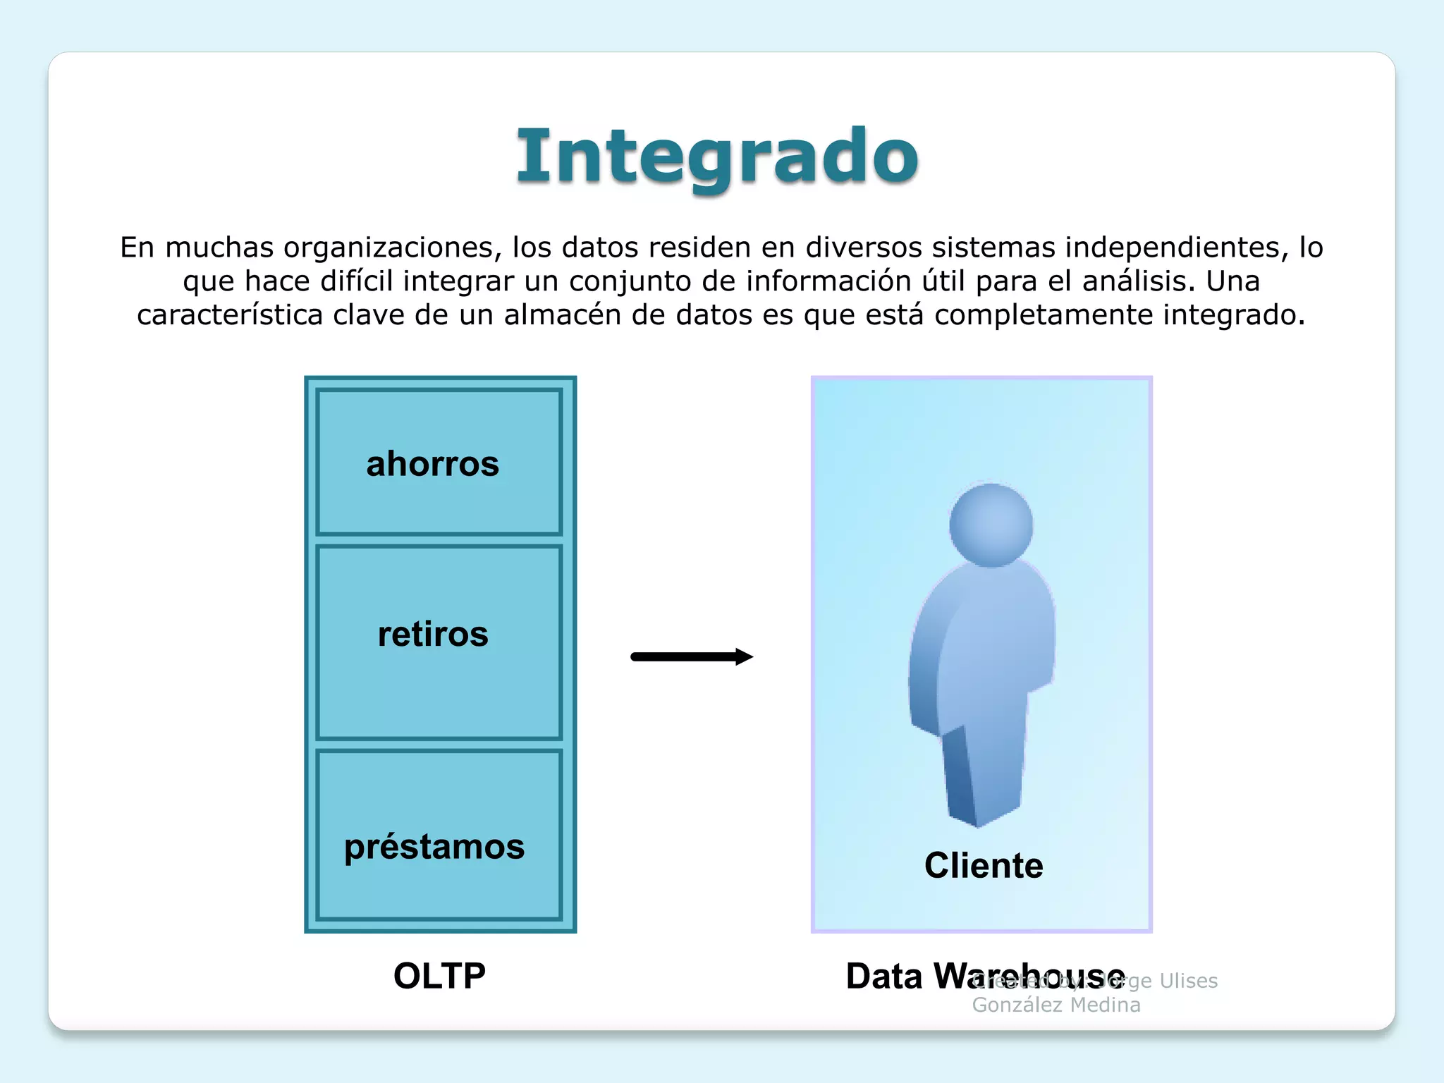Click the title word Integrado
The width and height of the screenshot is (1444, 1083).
point(717,157)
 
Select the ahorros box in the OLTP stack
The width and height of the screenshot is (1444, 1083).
point(439,463)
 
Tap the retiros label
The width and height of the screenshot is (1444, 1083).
point(433,634)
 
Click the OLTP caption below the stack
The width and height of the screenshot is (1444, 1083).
point(439,976)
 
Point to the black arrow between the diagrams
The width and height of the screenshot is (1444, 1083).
point(684,657)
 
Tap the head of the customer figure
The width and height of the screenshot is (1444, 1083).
point(991,525)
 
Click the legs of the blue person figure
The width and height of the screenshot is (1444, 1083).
point(984,776)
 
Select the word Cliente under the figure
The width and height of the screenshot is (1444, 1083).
point(984,865)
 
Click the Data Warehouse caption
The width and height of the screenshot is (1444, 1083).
point(910,977)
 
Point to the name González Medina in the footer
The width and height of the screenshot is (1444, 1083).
point(1056,1005)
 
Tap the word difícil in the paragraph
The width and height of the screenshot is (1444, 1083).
point(357,281)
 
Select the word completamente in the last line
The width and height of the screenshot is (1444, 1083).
point(1044,315)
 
